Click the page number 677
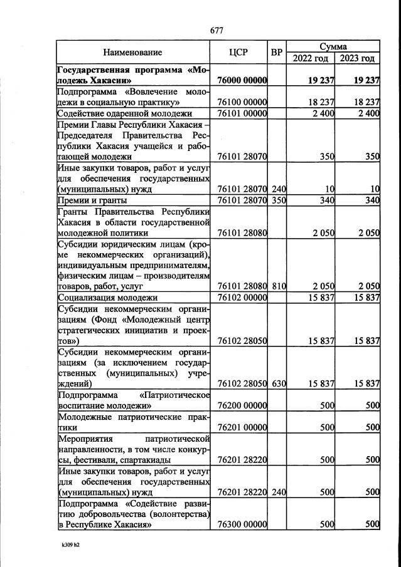pos(217,31)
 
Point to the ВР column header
pos(276,53)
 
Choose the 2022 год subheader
pos(310,58)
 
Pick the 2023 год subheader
pos(357,58)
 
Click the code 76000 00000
pos(242,80)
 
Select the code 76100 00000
pos(242,102)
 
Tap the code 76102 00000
pos(242,298)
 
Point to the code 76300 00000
pos(242,524)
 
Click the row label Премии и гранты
pos(92,200)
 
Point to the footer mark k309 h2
pos(70,544)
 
